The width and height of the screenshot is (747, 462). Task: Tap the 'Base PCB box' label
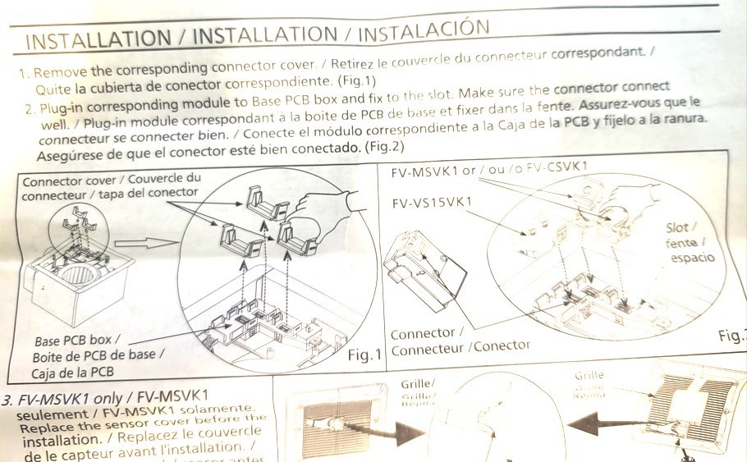(78, 340)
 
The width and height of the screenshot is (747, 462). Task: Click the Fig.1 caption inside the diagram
(365, 354)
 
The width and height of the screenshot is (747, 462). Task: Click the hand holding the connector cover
(328, 205)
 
